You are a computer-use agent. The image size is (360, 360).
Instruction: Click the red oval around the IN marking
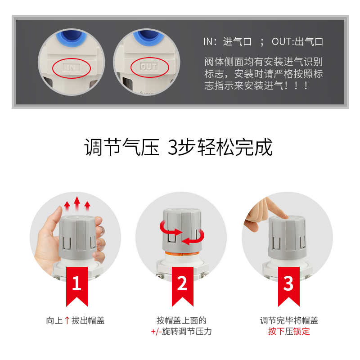coord(72,68)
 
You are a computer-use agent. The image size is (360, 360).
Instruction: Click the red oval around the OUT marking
coord(150,67)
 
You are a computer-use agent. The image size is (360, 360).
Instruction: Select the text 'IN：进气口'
coord(227,42)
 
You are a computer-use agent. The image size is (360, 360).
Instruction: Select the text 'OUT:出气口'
coord(297,42)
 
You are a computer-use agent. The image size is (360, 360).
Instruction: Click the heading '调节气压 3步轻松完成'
coord(179,148)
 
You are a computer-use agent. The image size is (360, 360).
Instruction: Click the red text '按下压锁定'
coord(289,332)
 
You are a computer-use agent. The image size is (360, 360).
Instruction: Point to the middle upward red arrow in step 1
coord(77,203)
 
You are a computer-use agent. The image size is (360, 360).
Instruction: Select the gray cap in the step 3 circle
coord(288,236)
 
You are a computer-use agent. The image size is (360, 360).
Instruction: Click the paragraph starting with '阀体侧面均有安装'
coord(264,73)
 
